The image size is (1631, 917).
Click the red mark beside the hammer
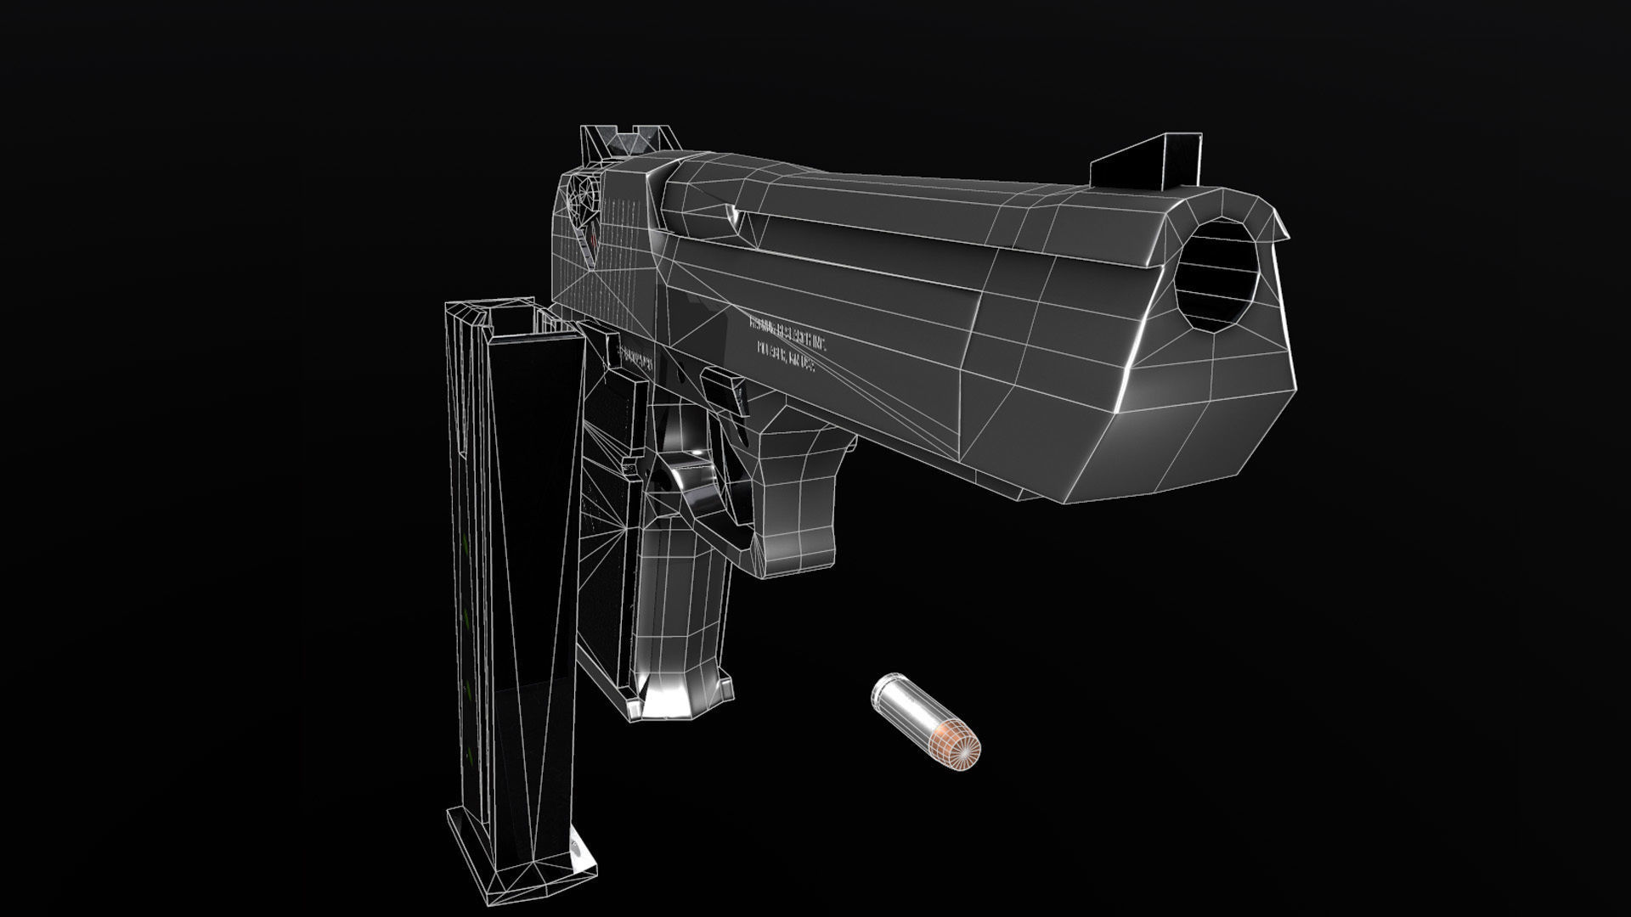point(593,246)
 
